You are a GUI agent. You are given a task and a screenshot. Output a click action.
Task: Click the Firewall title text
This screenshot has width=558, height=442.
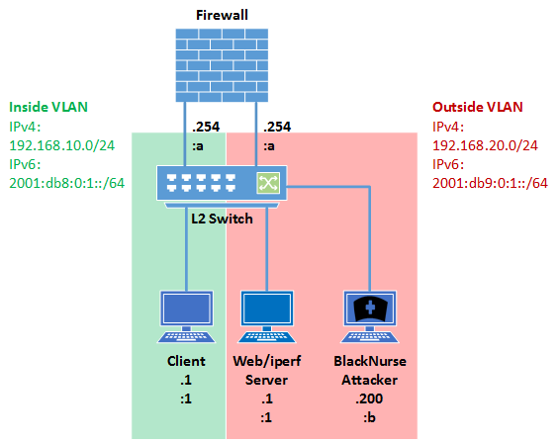(x=222, y=15)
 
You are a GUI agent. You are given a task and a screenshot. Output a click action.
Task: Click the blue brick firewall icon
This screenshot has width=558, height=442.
(x=222, y=65)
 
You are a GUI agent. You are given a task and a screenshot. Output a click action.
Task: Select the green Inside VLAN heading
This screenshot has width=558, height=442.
(x=48, y=107)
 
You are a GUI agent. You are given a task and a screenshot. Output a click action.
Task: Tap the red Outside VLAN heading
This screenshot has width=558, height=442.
(x=478, y=107)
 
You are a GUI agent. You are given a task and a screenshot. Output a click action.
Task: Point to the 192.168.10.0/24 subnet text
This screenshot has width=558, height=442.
(x=62, y=145)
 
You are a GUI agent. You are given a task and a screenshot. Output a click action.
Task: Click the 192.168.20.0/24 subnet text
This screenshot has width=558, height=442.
(x=485, y=145)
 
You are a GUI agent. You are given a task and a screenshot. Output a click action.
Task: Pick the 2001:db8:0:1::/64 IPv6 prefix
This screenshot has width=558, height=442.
(x=67, y=183)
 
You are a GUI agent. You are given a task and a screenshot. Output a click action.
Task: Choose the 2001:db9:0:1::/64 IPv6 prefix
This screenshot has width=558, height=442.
(x=490, y=183)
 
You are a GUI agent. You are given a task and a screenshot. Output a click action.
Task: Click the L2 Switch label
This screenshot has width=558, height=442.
(x=222, y=219)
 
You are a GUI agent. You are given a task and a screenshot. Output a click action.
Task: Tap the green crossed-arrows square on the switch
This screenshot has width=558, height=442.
(x=268, y=183)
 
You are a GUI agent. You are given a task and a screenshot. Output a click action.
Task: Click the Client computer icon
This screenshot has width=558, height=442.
(x=186, y=316)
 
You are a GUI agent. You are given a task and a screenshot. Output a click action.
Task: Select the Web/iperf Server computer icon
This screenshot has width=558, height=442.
(x=267, y=316)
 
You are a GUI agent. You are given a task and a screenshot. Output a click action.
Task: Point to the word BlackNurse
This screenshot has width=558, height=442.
(x=370, y=361)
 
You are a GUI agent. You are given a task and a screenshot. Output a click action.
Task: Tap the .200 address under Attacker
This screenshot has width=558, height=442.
(x=369, y=398)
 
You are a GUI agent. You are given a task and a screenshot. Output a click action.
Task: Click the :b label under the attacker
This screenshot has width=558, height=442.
(x=370, y=417)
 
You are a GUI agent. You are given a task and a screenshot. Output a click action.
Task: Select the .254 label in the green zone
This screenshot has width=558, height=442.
(x=206, y=127)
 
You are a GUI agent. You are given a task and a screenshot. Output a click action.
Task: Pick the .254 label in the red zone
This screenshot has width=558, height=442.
(x=277, y=127)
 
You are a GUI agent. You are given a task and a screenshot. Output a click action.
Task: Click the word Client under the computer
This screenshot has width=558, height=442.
(x=186, y=361)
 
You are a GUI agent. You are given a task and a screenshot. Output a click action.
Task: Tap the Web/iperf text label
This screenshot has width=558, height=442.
(x=267, y=361)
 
